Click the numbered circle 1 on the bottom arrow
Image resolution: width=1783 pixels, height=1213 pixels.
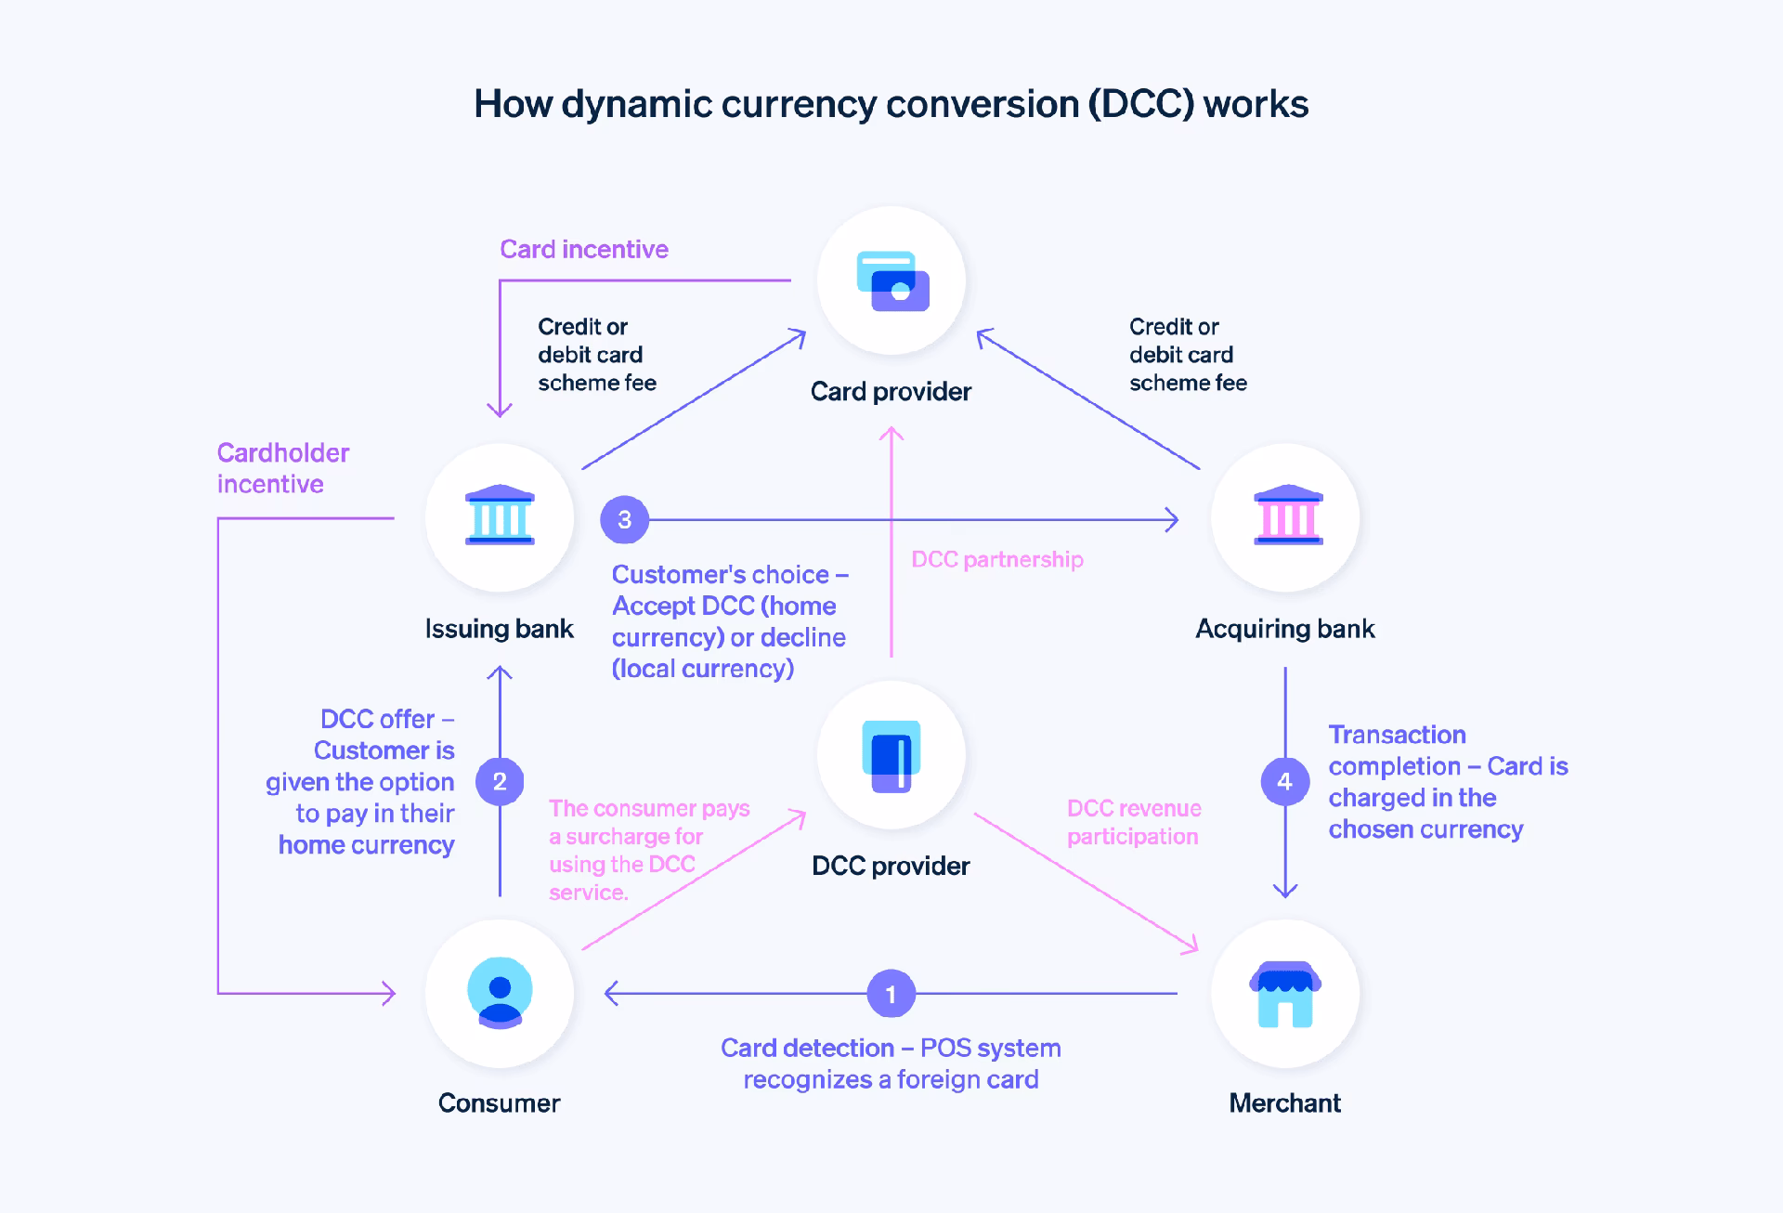(891, 994)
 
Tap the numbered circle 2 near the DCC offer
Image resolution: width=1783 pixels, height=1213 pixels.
(500, 781)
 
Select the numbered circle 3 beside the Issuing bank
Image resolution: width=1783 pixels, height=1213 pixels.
(624, 519)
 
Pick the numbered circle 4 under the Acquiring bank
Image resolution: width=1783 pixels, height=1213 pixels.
(1284, 781)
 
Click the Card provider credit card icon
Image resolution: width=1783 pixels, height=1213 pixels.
(891, 280)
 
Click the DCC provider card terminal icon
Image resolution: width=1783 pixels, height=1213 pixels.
(891, 755)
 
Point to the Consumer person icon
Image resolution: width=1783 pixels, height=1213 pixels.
(500, 993)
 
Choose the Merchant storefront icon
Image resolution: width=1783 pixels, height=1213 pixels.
(1285, 994)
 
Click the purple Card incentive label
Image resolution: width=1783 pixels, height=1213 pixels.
(583, 249)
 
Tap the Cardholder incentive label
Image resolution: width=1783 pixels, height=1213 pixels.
(282, 468)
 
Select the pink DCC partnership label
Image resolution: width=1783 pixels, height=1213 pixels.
(996, 559)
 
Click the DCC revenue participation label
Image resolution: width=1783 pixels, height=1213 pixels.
(1133, 822)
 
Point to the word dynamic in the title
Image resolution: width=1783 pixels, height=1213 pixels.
(637, 104)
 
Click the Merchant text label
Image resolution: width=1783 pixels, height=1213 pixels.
(1284, 1102)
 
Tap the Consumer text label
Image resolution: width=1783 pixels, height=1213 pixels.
(499, 1102)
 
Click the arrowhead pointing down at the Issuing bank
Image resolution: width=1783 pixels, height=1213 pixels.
(500, 411)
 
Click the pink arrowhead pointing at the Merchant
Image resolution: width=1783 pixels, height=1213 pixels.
(1191, 947)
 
